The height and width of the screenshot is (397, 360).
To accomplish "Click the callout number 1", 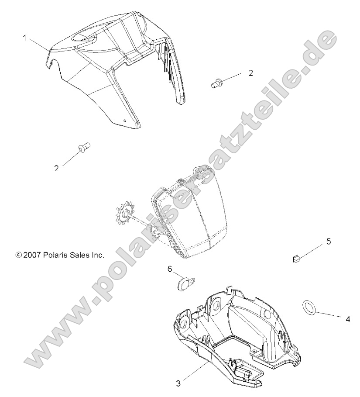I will [25, 38].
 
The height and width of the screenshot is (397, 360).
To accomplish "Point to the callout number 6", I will [170, 269].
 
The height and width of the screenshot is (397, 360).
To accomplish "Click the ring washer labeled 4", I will [309, 307].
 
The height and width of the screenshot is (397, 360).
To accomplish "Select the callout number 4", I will [348, 319].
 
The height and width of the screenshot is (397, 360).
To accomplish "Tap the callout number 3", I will [178, 383].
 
